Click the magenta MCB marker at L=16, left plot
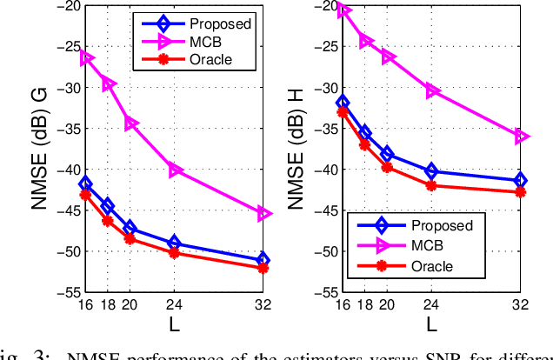tap(85, 58)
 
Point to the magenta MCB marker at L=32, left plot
tap(263, 213)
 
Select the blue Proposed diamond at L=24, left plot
tap(174, 243)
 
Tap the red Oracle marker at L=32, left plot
tap(263, 268)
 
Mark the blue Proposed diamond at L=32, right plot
tap(520, 180)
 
